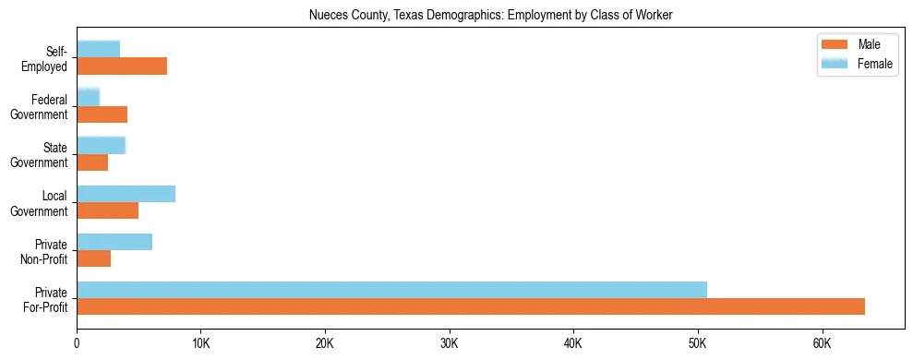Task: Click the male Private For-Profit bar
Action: pyautogui.click(x=471, y=306)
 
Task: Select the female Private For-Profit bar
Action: pyautogui.click(x=391, y=290)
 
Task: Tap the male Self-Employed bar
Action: pyautogui.click(x=122, y=66)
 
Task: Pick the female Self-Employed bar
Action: pyautogui.click(x=98, y=49)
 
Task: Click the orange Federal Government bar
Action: pyautogui.click(x=102, y=114)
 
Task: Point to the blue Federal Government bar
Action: pyautogui.click(x=88, y=97)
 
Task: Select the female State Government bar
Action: pyautogui.click(x=101, y=146)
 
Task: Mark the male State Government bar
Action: pyautogui.click(x=92, y=162)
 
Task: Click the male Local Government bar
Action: pyautogui.click(x=107, y=210)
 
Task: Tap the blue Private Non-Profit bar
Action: pyautogui.click(x=114, y=242)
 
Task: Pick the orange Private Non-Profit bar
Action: pyautogui.click(x=93, y=258)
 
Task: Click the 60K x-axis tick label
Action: pyautogui.click(x=822, y=343)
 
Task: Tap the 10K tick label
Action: pyautogui.click(x=200, y=343)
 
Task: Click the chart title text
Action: pyautogui.click(x=490, y=14)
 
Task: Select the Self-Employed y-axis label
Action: pyautogui.click(x=47, y=58)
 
